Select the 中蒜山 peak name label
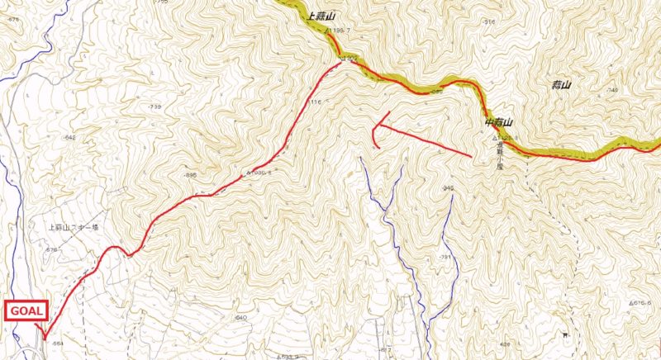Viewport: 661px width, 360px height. [500, 123]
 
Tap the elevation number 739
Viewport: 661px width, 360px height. [155, 108]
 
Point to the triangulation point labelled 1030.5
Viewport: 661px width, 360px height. [259, 173]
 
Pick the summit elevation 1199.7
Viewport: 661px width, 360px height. [339, 31]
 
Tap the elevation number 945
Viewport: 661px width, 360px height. [449, 189]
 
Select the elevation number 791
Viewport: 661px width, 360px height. [445, 258]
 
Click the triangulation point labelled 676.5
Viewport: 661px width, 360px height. [640, 304]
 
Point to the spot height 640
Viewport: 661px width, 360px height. [241, 317]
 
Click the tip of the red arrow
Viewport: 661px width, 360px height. [373, 127]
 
